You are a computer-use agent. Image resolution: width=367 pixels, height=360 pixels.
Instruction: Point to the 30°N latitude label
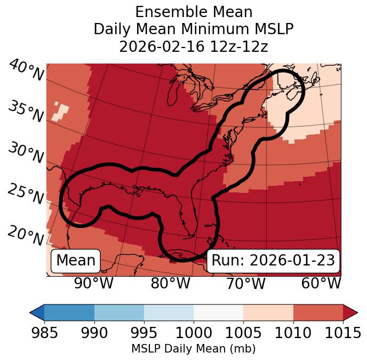click(26, 153)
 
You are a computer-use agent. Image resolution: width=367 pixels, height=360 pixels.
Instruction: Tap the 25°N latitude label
click(26, 194)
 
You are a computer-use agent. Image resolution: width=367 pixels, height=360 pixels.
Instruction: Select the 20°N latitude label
click(26, 236)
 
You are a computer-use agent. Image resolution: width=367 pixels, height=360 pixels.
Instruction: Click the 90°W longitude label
click(93, 283)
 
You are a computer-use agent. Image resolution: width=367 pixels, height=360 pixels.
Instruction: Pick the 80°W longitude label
click(170, 283)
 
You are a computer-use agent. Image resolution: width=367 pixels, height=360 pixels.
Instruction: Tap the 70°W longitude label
click(245, 283)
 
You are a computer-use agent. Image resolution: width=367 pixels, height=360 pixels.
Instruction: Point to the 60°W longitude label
click(321, 283)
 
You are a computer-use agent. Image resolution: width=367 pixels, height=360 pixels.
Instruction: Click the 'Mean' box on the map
click(76, 261)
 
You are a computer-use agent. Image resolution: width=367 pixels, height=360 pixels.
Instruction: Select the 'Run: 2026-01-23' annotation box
click(273, 261)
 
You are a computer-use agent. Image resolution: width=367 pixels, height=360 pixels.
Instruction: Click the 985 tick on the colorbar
click(44, 333)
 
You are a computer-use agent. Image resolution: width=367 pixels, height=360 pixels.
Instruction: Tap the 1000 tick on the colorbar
click(194, 333)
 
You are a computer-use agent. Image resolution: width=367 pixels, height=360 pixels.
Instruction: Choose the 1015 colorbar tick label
click(342, 333)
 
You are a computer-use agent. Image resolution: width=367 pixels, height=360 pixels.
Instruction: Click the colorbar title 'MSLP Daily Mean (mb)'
click(193, 349)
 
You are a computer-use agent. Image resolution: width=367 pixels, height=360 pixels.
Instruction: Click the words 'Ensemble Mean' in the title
click(193, 12)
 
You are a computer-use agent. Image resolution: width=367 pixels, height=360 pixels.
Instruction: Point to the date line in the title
click(193, 46)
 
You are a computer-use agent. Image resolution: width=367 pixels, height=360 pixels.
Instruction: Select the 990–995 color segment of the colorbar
click(119, 312)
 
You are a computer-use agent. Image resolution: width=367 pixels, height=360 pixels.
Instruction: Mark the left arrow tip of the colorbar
click(31, 312)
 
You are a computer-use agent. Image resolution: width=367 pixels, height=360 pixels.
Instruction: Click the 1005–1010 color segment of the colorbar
click(268, 312)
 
